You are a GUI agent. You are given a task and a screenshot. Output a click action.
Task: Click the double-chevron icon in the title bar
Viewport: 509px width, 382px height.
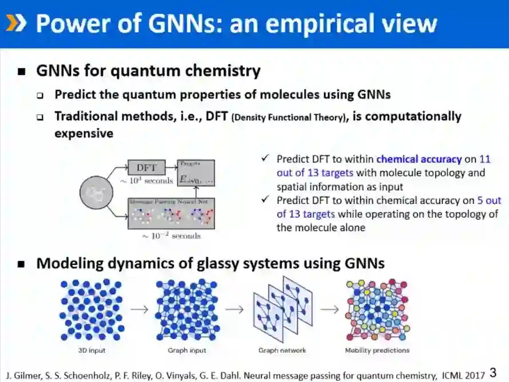(x=16, y=23)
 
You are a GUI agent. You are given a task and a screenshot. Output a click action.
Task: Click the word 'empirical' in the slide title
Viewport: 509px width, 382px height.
(x=341, y=23)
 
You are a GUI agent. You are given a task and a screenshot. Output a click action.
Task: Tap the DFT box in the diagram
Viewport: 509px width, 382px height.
(x=147, y=168)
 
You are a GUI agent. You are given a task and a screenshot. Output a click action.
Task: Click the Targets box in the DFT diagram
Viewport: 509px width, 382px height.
(x=196, y=174)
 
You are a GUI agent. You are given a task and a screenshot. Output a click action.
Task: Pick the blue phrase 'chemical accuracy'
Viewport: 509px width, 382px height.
(x=419, y=159)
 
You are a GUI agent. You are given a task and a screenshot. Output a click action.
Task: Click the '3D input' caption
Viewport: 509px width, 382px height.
(x=91, y=351)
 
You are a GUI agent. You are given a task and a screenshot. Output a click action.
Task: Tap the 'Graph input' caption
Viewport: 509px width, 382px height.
(x=187, y=351)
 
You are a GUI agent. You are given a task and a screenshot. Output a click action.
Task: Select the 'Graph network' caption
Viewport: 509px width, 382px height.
(x=282, y=351)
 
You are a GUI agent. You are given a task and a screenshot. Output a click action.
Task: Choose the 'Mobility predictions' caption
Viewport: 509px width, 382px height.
(x=377, y=351)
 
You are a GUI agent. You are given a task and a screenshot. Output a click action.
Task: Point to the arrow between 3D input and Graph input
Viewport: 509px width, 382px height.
(x=139, y=309)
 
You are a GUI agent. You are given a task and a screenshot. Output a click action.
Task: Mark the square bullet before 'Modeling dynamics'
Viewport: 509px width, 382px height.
(x=22, y=264)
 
